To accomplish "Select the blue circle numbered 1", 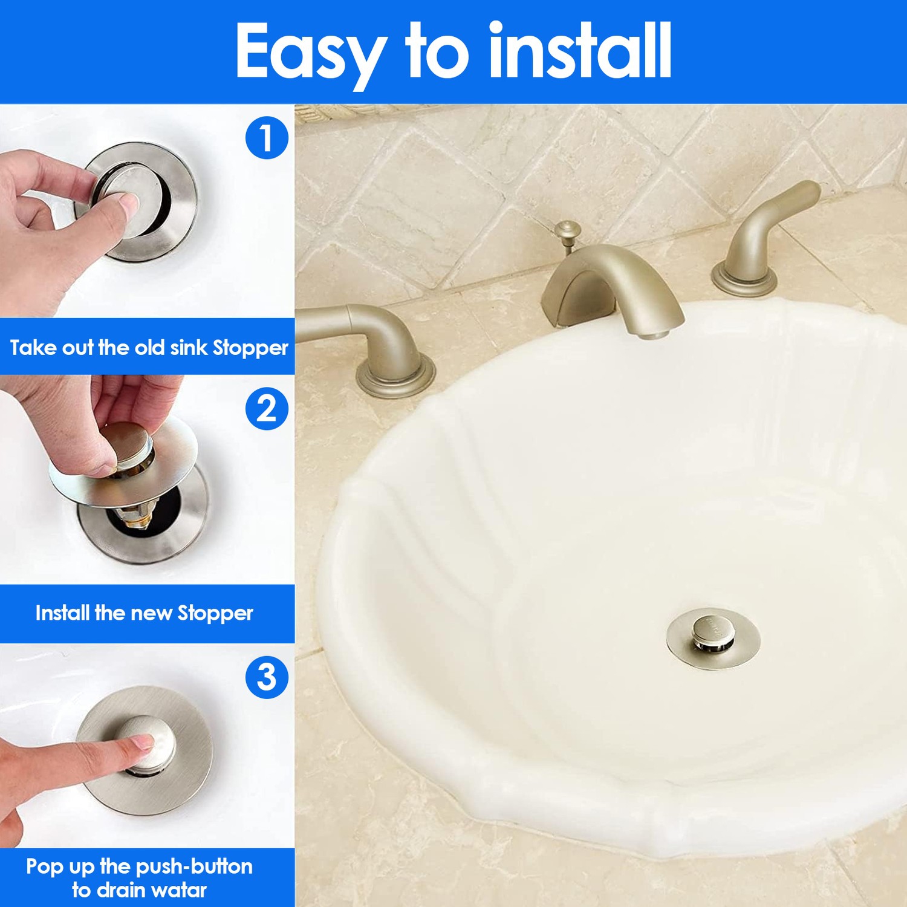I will point(267,138).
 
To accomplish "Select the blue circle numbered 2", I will point(267,409).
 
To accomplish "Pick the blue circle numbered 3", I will point(267,677).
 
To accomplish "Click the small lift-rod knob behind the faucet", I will point(567,230).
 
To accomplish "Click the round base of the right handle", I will point(744,282).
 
